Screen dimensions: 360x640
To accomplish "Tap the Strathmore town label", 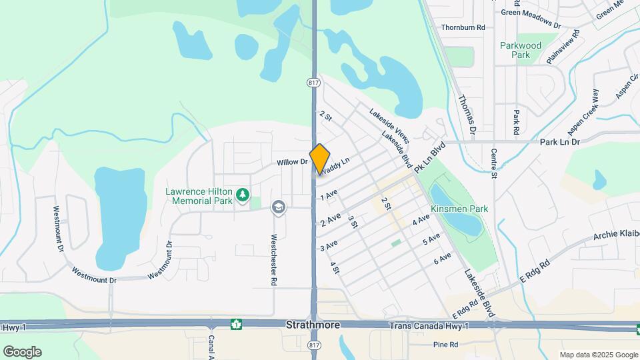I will [x=313, y=325].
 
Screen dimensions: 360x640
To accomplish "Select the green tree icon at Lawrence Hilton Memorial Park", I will [x=243, y=195].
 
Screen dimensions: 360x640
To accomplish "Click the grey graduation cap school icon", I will [x=277, y=208].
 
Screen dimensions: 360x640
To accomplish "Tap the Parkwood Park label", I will [x=521, y=50].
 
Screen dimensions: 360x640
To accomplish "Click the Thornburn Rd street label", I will [x=463, y=27].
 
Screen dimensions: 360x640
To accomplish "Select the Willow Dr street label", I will [x=292, y=162].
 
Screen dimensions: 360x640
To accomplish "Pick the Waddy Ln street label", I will [x=335, y=166].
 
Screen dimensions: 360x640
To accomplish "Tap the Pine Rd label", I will [x=445, y=345].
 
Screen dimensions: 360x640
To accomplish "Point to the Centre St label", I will [x=494, y=163].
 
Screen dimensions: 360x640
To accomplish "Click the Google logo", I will [x=22, y=351].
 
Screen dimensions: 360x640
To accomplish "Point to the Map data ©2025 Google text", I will [x=598, y=355].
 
